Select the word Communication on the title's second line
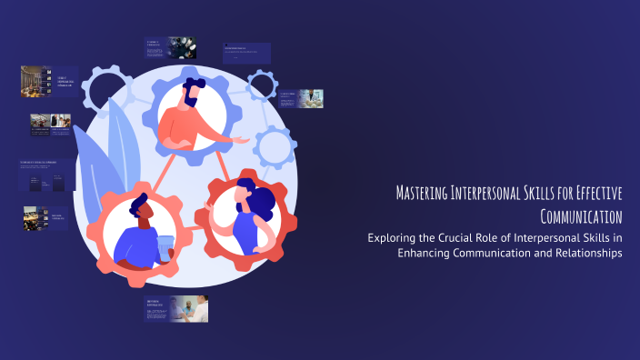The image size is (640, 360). tap(581, 216)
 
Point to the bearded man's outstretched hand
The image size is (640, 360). tap(242, 141)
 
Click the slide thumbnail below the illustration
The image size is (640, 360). tap(176, 309)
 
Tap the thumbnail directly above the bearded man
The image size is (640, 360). tap(170, 48)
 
